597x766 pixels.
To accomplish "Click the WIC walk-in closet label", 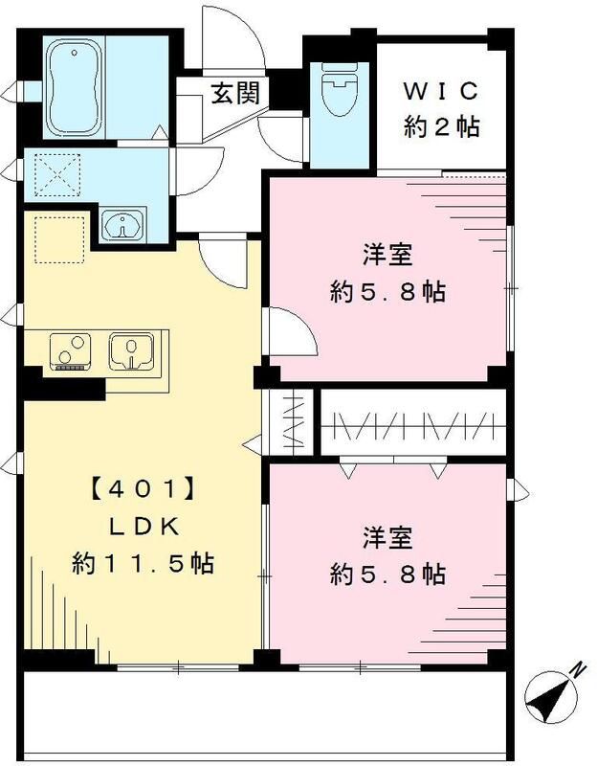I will tap(441, 92).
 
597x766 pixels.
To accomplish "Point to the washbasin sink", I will tap(124, 227).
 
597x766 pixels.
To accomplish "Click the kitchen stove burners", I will tap(69, 350).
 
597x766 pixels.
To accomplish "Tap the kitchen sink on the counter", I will tap(129, 350).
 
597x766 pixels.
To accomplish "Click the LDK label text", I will tap(143, 528).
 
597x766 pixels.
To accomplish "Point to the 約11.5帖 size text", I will tap(143, 563).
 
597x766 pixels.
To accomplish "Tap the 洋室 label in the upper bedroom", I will tap(387, 257).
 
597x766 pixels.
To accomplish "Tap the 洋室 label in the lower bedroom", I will tap(387, 538).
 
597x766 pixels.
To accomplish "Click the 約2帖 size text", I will tap(441, 125).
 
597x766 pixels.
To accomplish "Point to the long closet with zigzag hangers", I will tap(411, 423).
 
